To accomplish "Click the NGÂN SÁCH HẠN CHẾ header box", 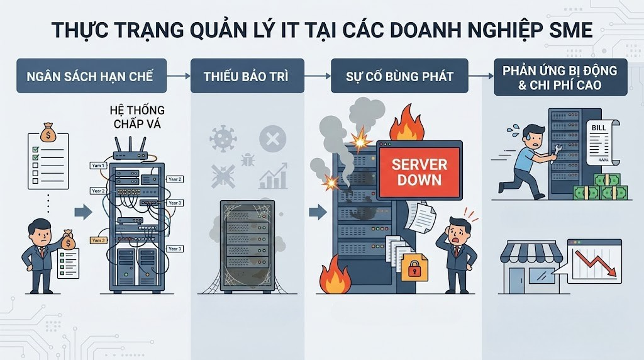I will click(x=89, y=76).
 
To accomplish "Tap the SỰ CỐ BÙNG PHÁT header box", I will click(x=399, y=76).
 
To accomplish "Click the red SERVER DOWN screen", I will click(x=419, y=171).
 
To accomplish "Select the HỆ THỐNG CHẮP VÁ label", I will click(x=137, y=118).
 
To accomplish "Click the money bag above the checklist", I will click(x=48, y=133).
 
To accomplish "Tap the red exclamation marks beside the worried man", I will click(x=469, y=215).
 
